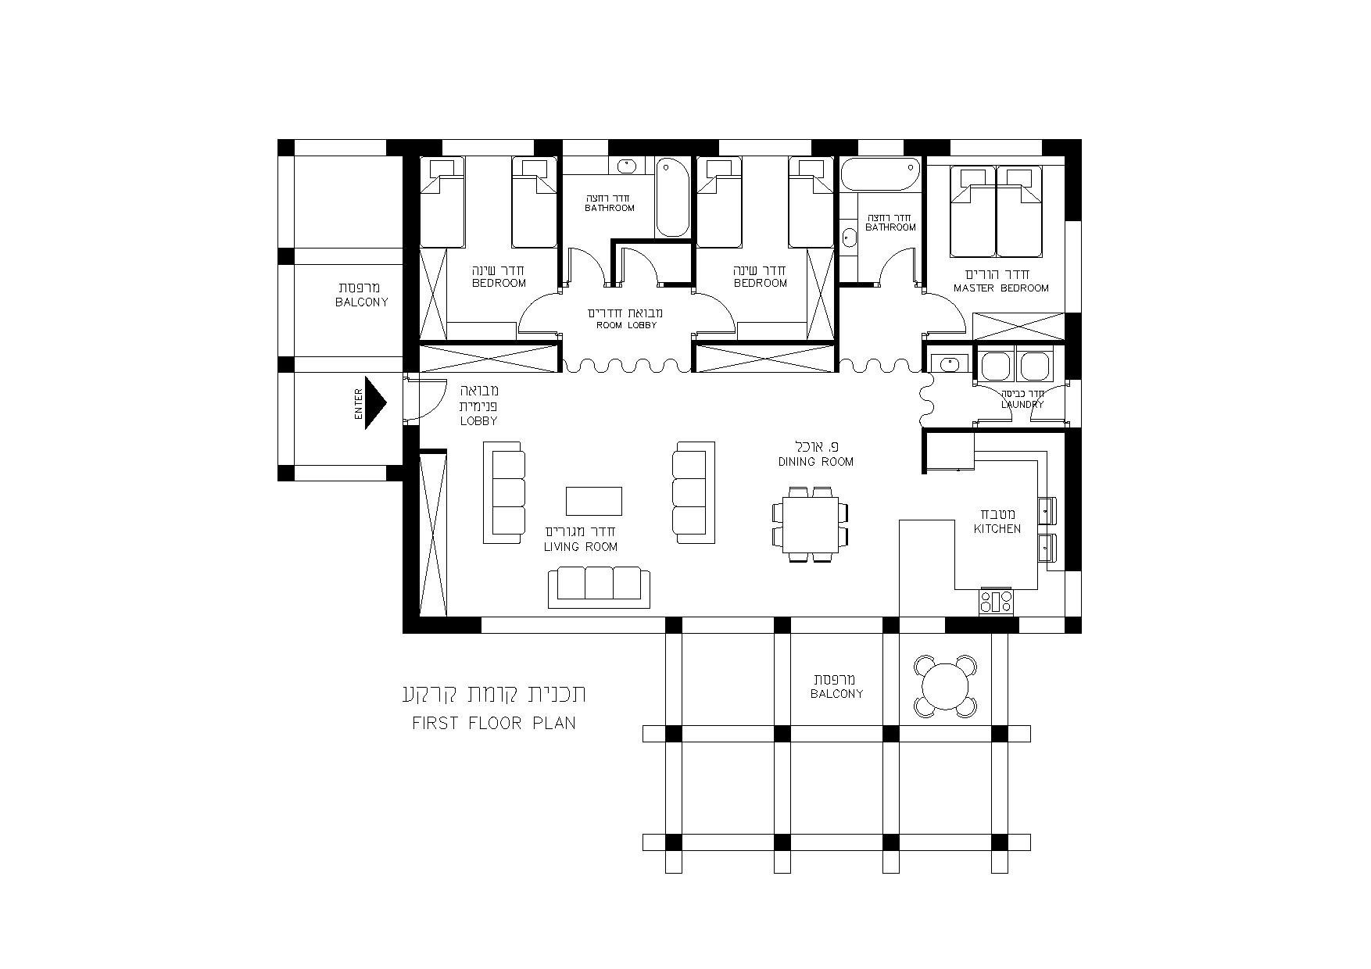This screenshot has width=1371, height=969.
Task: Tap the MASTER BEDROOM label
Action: tap(1001, 288)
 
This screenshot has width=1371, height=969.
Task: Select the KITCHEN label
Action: tap(997, 529)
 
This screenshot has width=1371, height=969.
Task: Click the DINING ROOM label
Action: tap(815, 462)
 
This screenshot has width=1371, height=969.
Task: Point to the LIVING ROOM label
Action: tap(581, 547)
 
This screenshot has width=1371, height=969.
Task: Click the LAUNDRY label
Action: tap(1022, 405)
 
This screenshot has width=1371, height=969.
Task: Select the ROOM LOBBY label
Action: tap(626, 325)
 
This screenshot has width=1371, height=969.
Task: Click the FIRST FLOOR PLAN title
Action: tap(494, 723)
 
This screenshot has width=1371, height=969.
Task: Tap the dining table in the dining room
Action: tap(810, 524)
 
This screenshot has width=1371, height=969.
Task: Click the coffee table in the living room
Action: tap(594, 501)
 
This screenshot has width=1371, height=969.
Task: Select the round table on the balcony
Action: tap(946, 686)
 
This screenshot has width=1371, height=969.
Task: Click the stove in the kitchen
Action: tap(995, 601)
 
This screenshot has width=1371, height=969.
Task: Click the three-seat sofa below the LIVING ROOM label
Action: tap(599, 588)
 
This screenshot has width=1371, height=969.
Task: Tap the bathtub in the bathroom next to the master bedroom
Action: tap(880, 173)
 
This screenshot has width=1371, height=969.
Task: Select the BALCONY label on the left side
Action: tap(361, 302)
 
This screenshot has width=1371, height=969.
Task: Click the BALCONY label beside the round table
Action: tap(836, 694)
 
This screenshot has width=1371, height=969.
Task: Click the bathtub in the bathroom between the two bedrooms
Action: tap(671, 197)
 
